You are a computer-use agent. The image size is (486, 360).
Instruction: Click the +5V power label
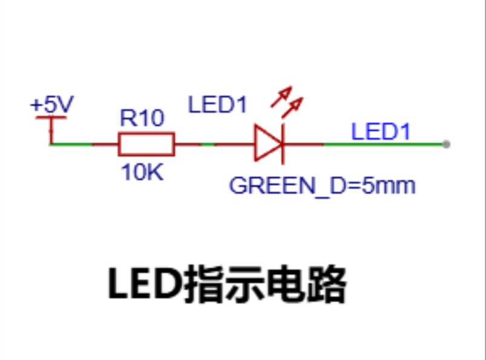pos(52,104)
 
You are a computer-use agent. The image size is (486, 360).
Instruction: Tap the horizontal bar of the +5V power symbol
pos(51,117)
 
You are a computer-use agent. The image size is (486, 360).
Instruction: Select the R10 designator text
pos(142,118)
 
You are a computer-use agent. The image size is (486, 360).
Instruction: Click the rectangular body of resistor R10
pos(146,144)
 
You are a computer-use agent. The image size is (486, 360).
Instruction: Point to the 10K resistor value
pos(142,172)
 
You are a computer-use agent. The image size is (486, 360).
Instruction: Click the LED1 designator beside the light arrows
pos(218,105)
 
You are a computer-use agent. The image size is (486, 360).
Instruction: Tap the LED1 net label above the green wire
pos(381,132)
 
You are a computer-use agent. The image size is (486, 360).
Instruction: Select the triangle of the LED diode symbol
pos(268,143)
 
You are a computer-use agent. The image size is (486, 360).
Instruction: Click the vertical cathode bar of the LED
pos(283,144)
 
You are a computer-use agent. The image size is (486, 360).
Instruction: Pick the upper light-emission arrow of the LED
pos(281,97)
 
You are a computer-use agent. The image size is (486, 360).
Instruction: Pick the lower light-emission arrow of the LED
pos(292,108)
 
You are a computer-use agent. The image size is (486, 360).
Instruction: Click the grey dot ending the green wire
pos(446,144)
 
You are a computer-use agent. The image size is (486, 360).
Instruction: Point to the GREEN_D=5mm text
pos(323,186)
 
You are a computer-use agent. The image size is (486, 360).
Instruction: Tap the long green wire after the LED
pos(384,144)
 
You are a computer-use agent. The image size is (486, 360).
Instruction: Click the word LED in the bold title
pos(145,283)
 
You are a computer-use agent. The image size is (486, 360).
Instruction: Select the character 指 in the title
pos(205,284)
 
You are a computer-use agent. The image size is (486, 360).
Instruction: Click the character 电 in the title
pos(286,283)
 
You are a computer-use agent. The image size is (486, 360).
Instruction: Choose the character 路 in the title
pos(326,284)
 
